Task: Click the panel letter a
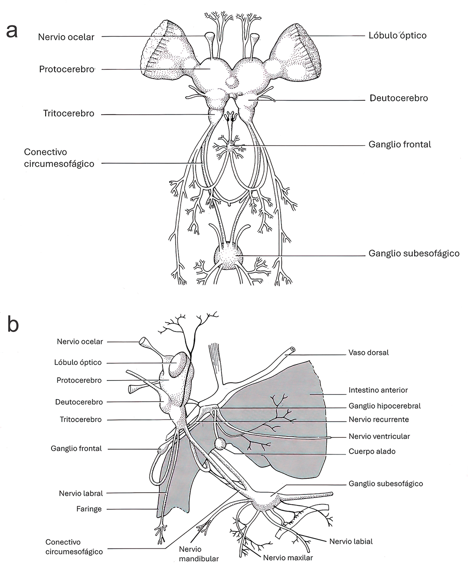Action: point(12,30)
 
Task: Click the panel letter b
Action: point(13,325)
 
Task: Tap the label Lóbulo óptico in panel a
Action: point(397,36)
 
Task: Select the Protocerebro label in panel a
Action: point(67,69)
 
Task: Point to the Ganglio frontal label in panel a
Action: point(400,144)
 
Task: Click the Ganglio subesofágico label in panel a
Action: point(414,253)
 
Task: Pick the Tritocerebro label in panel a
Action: point(69,114)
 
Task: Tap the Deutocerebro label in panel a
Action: point(399,98)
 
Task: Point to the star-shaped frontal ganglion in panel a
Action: point(232,148)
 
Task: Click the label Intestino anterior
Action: point(378,390)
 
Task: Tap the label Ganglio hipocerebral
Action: point(384,406)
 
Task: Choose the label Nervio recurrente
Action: point(378,420)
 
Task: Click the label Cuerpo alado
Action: point(372,451)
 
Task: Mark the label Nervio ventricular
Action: point(379,436)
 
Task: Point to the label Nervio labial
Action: point(351,541)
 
